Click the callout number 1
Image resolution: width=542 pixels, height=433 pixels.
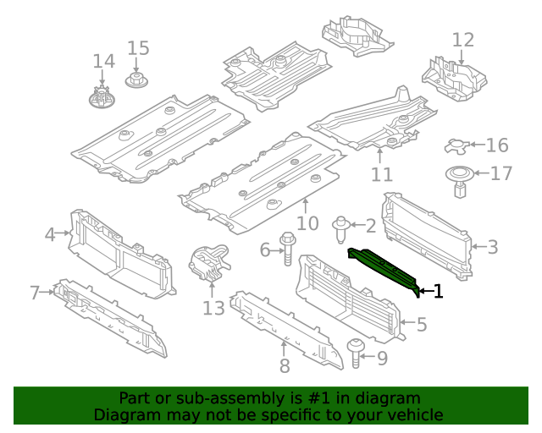point(438,292)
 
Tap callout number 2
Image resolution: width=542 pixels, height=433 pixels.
point(370,225)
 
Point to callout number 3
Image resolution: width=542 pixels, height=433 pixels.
point(492,247)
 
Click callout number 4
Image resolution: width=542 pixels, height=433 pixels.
point(50,234)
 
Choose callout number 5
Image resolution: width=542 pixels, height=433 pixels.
point(421,323)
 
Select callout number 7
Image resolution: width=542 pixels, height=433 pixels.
point(35,293)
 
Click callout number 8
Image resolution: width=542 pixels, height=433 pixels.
point(285,365)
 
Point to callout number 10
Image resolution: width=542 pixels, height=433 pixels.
point(307,223)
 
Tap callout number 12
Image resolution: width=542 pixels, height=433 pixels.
point(463,40)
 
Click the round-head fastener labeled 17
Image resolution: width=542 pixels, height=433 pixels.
point(460,180)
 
